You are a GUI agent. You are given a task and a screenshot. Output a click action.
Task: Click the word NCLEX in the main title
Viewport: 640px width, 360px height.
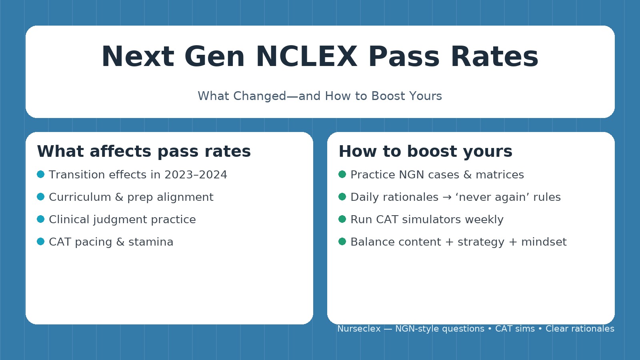306,57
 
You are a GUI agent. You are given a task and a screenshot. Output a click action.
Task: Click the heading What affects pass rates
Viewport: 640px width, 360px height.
144,152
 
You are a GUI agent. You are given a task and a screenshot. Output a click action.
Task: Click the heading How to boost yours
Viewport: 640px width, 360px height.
425,152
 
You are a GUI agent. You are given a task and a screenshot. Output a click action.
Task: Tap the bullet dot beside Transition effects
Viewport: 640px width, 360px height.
40,174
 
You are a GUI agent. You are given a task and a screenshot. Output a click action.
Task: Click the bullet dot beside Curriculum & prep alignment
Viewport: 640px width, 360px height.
40,197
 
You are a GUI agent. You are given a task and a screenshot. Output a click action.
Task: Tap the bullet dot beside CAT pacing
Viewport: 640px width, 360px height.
40,242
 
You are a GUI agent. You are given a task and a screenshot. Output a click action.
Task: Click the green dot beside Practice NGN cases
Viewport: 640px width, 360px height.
342,174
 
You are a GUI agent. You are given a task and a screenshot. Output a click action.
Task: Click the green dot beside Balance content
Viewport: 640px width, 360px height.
342,242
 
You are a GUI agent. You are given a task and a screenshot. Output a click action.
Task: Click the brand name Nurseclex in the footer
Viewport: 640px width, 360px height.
359,329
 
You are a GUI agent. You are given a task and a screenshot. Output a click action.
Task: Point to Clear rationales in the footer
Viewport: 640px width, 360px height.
580,329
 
